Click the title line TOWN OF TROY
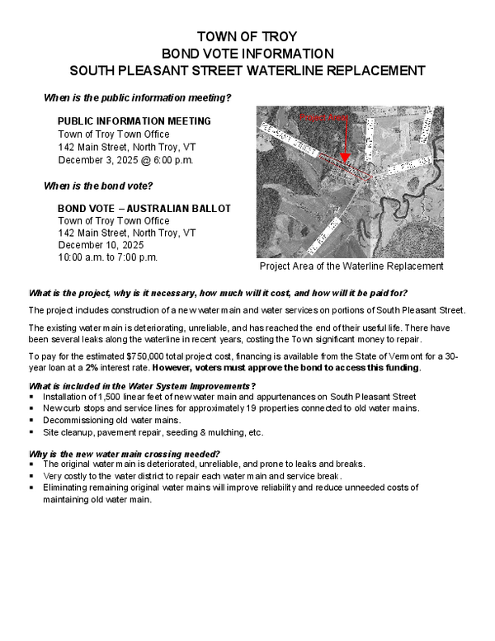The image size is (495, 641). (x=247, y=37)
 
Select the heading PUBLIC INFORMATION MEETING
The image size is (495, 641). (x=134, y=121)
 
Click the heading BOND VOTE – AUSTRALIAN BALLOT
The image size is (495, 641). (x=144, y=208)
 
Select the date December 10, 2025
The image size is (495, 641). (x=101, y=245)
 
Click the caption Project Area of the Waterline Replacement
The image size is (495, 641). (x=351, y=266)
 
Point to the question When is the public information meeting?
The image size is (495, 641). (x=137, y=98)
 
